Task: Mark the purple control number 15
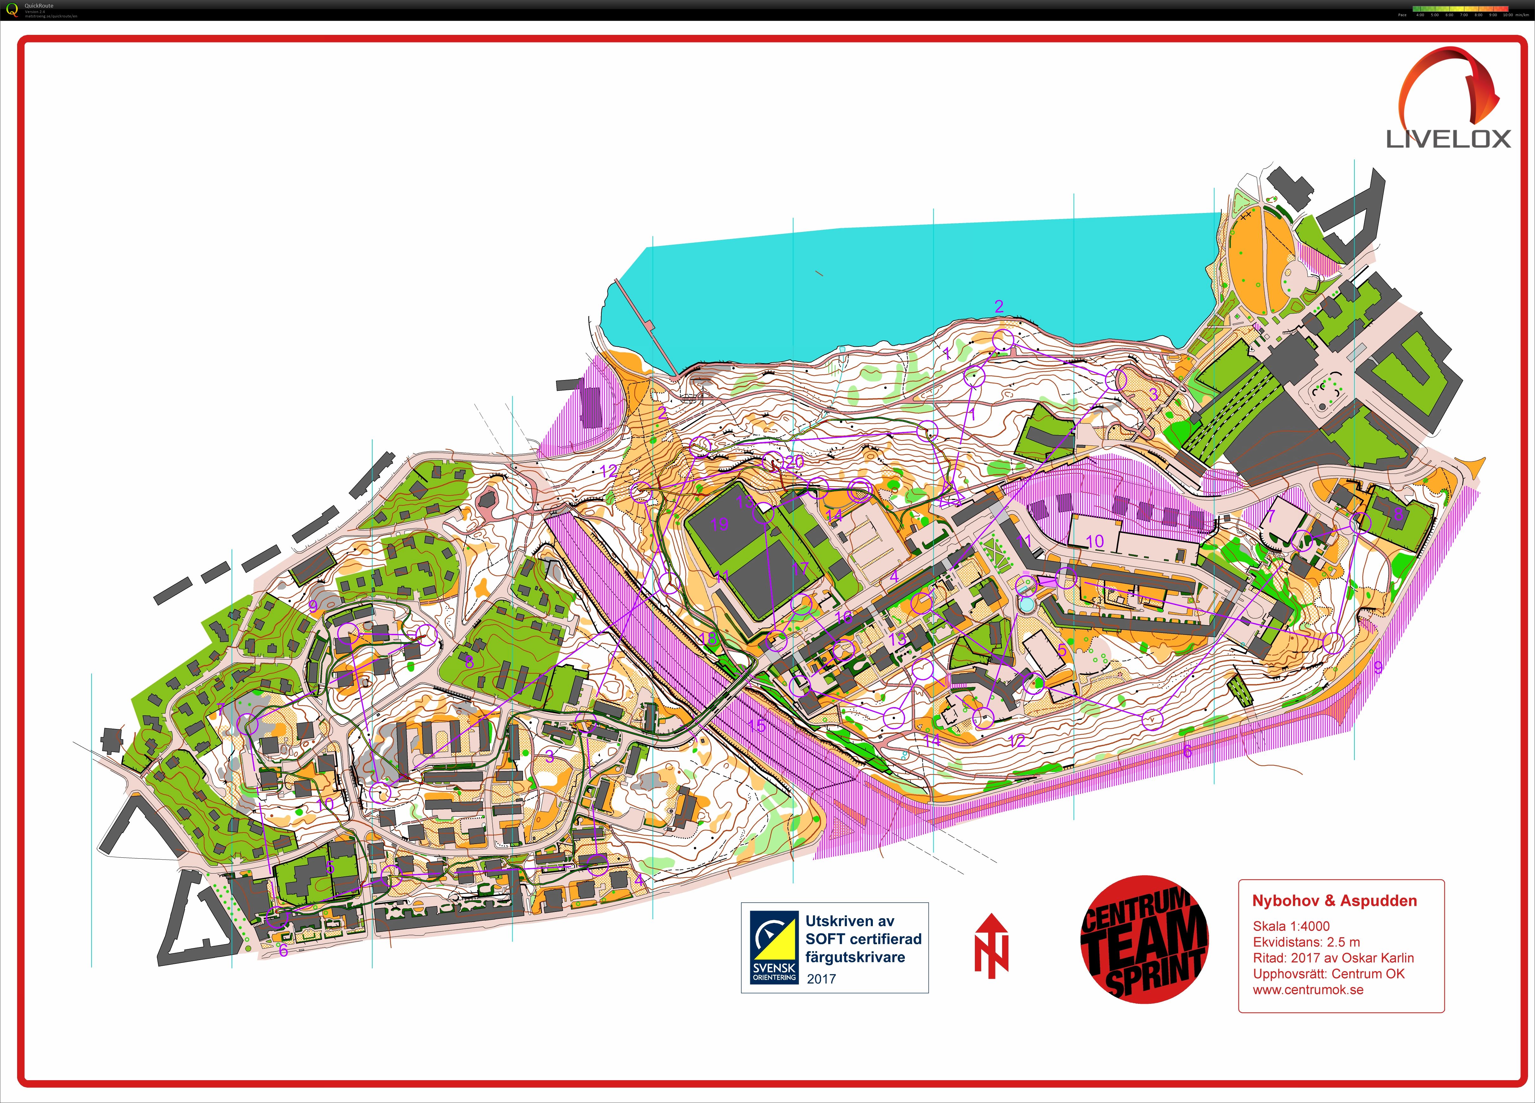tap(757, 726)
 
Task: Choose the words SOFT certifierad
tap(863, 939)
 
